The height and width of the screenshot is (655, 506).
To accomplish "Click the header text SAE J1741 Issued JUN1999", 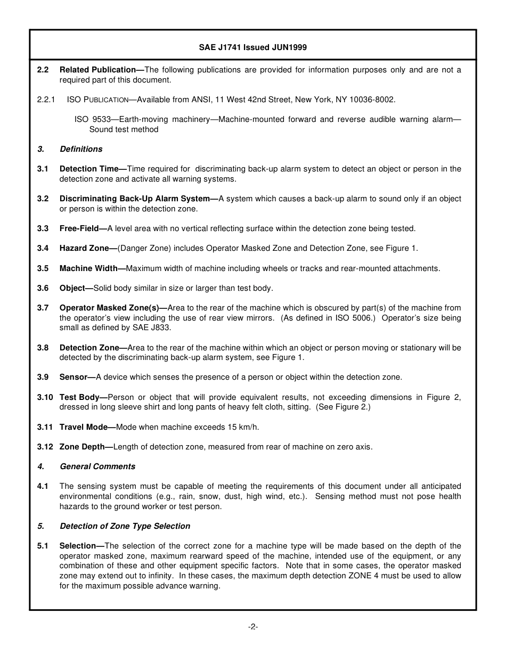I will [x=252, y=47].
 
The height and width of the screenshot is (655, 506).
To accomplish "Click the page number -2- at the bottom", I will [x=253, y=627].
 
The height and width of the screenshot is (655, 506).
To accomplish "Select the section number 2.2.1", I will [x=46, y=100].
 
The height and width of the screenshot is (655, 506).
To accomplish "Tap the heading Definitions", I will [x=81, y=149].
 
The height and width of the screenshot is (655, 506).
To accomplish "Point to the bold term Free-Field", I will [x=79, y=228].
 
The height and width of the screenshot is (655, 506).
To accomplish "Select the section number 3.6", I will [x=43, y=288].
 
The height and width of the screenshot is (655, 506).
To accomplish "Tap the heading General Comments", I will [x=97, y=466].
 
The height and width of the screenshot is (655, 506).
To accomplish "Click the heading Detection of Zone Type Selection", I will [x=125, y=526].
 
